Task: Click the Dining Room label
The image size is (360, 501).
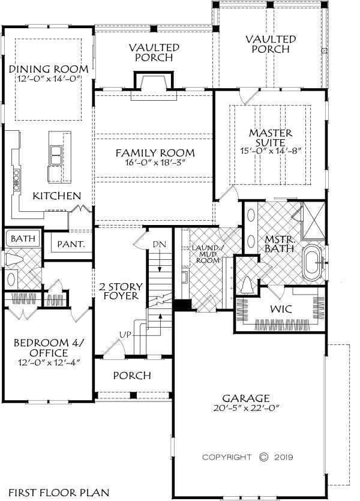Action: [49, 69]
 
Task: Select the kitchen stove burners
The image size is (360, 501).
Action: [17, 179]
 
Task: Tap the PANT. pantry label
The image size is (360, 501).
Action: [71, 244]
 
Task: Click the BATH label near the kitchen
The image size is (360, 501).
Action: [23, 238]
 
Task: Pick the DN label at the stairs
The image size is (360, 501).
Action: [158, 244]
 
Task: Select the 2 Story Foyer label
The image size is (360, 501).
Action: [119, 290]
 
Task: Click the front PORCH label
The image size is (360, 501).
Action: [131, 376]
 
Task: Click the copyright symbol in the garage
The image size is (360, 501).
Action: [263, 457]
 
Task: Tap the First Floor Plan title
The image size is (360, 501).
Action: [53, 491]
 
